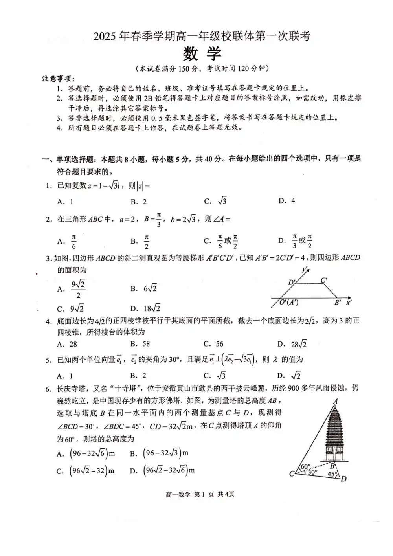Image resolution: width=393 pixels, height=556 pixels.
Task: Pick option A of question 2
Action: [67, 241]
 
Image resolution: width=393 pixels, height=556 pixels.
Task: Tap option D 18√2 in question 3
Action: [145, 308]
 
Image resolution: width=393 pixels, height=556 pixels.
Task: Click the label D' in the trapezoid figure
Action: [292, 282]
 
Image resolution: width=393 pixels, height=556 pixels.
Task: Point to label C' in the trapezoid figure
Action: [324, 280]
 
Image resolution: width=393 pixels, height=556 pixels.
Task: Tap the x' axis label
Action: [349, 302]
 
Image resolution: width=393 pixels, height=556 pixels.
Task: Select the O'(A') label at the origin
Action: [289, 302]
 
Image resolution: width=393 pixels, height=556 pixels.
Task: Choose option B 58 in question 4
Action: [140, 344]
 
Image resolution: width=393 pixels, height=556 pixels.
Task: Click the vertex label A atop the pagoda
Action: [336, 402]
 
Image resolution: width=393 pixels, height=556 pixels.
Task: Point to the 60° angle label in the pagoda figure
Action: [305, 466]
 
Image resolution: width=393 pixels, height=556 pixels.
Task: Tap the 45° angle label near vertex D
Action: [332, 474]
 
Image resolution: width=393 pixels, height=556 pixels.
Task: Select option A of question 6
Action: [86, 453]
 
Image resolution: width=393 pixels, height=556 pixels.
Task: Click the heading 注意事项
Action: [58, 78]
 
